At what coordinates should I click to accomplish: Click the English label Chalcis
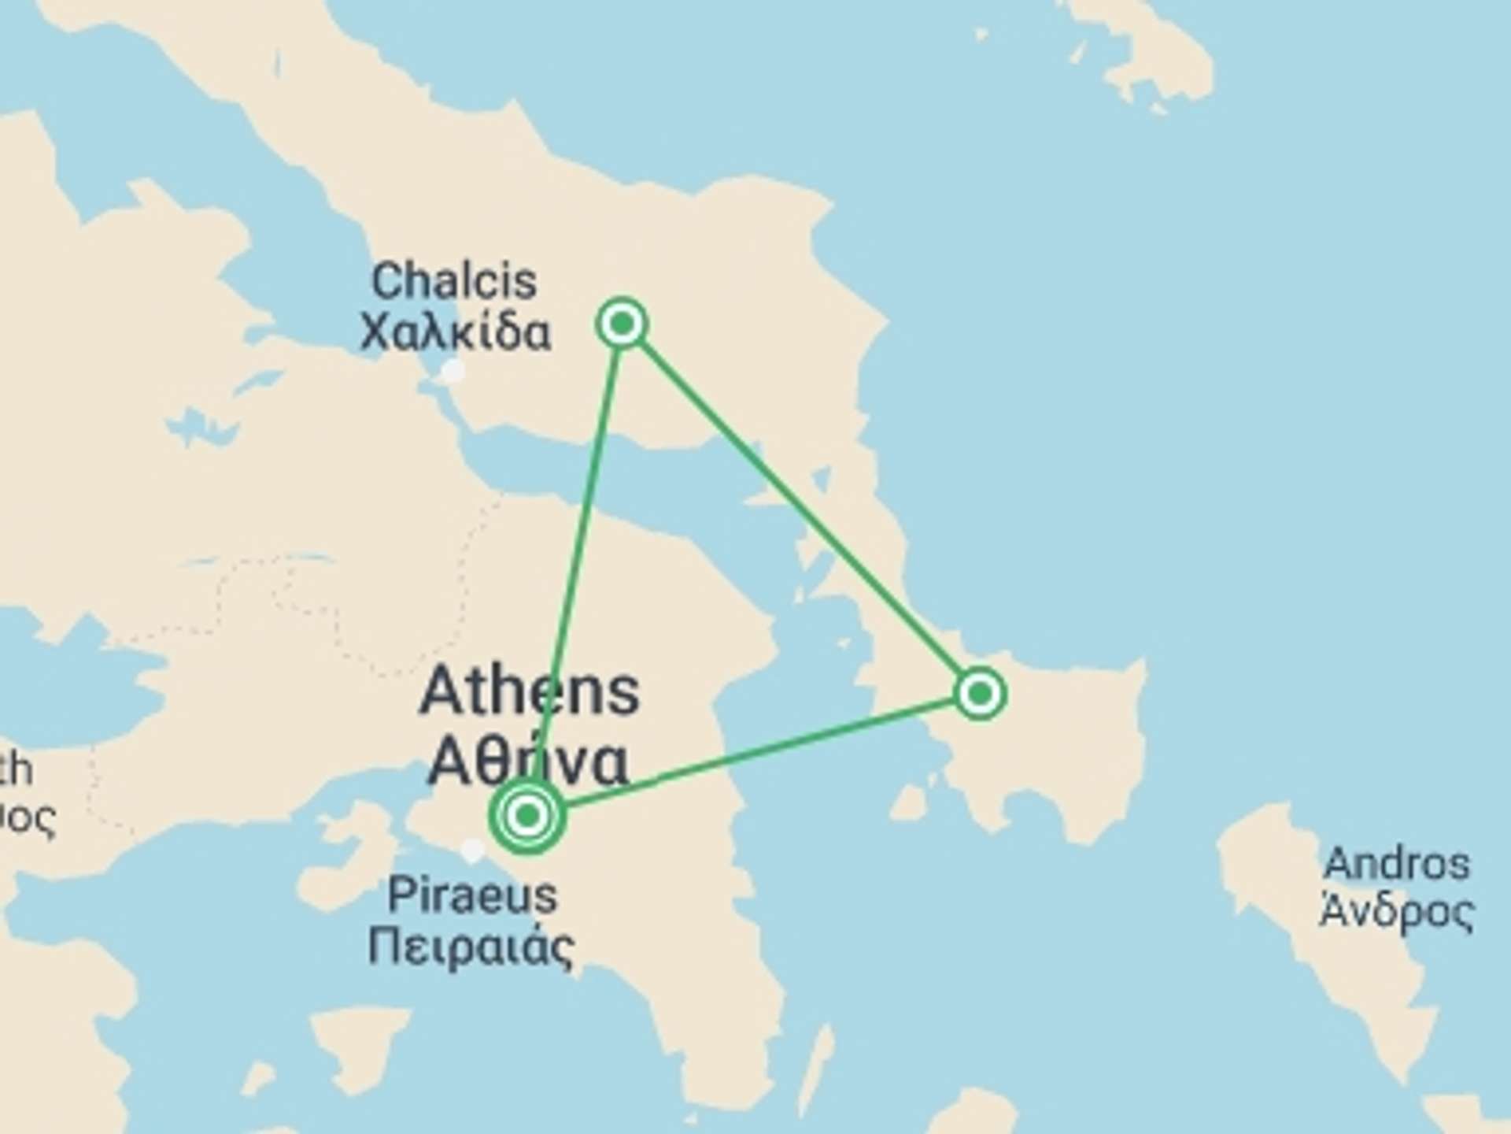(x=454, y=281)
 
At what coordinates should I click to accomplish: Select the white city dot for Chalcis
(x=452, y=370)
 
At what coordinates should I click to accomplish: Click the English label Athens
(x=530, y=692)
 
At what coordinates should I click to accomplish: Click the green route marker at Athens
(x=527, y=815)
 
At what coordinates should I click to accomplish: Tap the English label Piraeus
(x=472, y=895)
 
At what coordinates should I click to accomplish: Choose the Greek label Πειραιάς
(x=471, y=947)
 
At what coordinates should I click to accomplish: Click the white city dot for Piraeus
(x=472, y=850)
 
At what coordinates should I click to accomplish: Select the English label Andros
(x=1397, y=864)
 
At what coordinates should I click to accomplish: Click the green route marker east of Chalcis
(x=623, y=323)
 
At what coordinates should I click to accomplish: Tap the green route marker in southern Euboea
(x=980, y=694)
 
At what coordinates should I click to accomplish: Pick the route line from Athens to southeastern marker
(x=755, y=754)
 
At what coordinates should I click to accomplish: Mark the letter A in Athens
(x=442, y=692)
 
